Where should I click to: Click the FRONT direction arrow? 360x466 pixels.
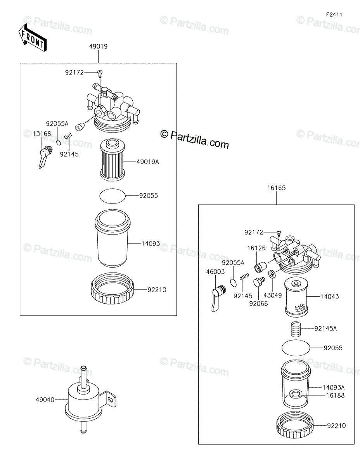tap(33, 37)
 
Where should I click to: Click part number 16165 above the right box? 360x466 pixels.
tap(276, 188)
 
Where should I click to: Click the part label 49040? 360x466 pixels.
tap(45, 399)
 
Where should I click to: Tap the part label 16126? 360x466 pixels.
tap(256, 248)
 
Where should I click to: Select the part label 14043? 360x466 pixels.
tap(329, 297)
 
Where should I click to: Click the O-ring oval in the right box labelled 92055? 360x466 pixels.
tap(296, 348)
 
